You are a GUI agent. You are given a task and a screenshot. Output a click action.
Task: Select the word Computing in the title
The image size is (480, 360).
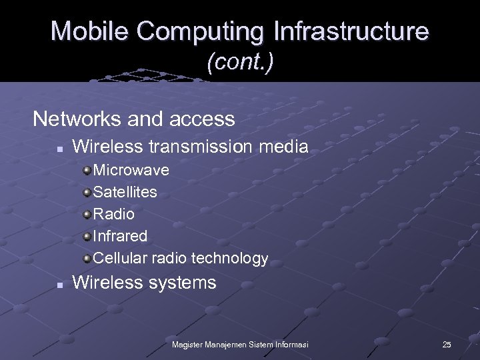196,31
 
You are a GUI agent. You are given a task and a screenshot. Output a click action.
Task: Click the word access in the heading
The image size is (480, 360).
203,119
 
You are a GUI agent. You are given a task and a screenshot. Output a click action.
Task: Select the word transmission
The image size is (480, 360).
201,147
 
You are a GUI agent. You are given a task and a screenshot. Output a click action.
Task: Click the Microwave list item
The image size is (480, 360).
131,170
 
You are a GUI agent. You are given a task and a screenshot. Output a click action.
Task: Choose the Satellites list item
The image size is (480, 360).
125,192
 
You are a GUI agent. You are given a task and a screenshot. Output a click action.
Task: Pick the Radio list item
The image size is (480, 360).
113,214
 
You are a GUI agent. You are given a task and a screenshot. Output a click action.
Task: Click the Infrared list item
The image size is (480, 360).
120,236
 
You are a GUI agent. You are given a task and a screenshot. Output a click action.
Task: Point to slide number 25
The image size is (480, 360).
447,344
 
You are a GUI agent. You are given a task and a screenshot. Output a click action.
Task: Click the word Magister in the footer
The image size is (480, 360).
189,344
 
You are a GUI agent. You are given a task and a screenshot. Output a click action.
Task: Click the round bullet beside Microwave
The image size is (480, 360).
87,170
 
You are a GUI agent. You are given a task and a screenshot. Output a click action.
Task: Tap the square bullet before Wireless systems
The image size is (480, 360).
60,284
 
